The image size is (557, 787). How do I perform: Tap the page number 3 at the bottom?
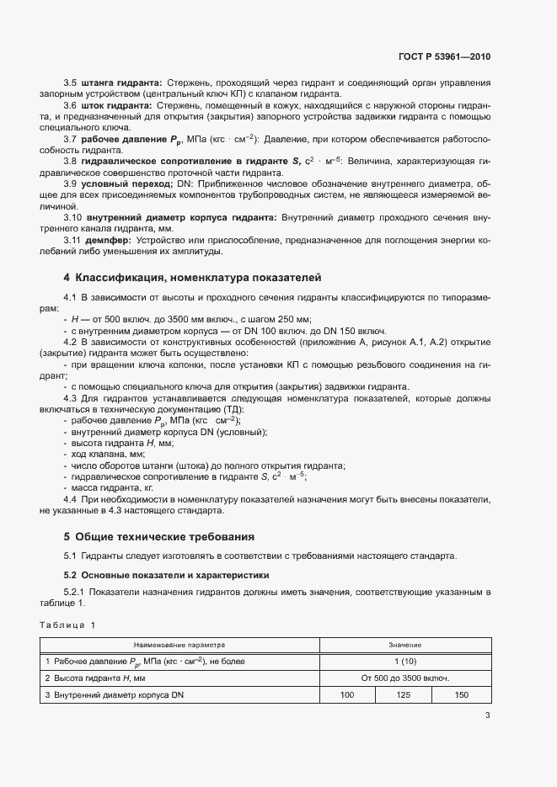tap(488, 716)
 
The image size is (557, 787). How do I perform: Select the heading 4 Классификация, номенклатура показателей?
tap(193, 277)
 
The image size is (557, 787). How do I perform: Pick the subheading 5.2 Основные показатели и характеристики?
tap(166, 575)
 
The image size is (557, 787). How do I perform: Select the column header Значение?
tap(404, 645)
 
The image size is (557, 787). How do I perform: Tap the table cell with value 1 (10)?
tap(404, 662)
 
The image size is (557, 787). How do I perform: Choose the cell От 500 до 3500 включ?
tap(404, 678)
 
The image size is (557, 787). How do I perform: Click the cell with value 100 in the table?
tap(346, 694)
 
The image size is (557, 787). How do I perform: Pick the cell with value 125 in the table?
tap(404, 694)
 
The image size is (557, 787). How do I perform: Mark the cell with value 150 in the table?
tap(461, 694)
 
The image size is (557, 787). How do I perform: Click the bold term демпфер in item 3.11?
tap(103, 239)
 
